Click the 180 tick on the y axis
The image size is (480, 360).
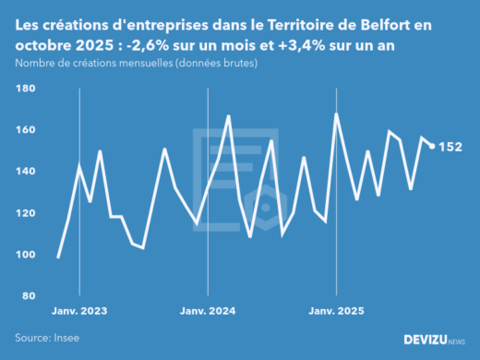point(25,89)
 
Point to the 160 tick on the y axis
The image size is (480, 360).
point(25,130)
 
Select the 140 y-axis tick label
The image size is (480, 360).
point(25,172)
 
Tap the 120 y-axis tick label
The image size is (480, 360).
point(25,213)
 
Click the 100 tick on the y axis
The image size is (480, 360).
point(25,255)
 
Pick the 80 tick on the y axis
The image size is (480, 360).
point(27,296)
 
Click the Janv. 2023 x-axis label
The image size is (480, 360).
point(79,311)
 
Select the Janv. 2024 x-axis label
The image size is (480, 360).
point(209,311)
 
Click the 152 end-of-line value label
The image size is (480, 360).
point(450,147)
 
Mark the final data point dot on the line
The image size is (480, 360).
point(432,146)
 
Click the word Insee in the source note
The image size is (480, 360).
point(65,338)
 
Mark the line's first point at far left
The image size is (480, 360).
point(58,258)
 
